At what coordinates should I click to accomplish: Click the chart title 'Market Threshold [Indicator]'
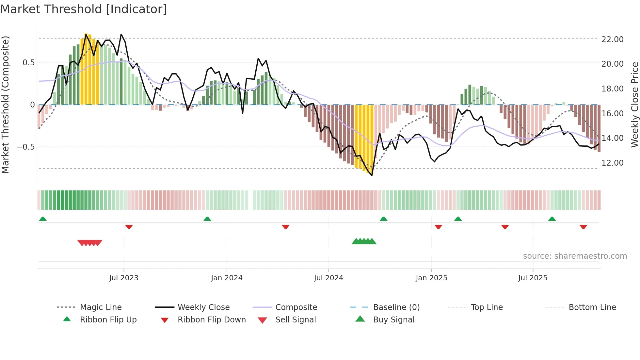pos(84,9)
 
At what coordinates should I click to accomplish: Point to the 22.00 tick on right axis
pos(612,40)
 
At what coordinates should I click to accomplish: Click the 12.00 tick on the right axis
pos(612,163)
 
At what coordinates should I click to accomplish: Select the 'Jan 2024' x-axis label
pos(227,278)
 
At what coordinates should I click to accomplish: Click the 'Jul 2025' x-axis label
pos(533,278)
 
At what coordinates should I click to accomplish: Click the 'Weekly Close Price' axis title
pos(634,105)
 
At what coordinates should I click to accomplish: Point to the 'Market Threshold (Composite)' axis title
pos(5,105)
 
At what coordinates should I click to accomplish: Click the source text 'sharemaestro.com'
pos(575,256)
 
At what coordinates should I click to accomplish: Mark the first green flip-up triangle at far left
pos(43,219)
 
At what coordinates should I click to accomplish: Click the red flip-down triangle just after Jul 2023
pos(129,227)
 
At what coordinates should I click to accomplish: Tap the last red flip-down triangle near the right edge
pos(584,227)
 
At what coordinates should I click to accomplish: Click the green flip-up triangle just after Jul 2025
pos(552,219)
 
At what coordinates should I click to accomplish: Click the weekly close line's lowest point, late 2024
pos(372,175)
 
